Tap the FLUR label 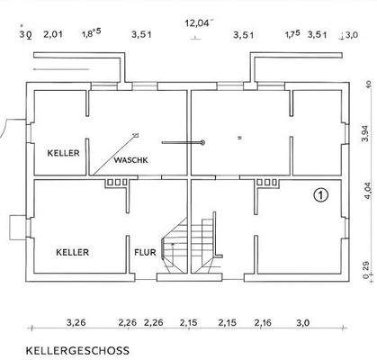[148, 253]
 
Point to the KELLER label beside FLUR [72, 253]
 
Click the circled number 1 [321, 193]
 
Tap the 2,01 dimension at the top [54, 35]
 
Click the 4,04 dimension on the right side [364, 191]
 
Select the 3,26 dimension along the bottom [76, 322]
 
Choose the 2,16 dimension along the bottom [263, 322]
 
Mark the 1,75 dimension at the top [292, 35]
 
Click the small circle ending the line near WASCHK [204, 141]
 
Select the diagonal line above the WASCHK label [117, 147]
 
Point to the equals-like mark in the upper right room [239, 138]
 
